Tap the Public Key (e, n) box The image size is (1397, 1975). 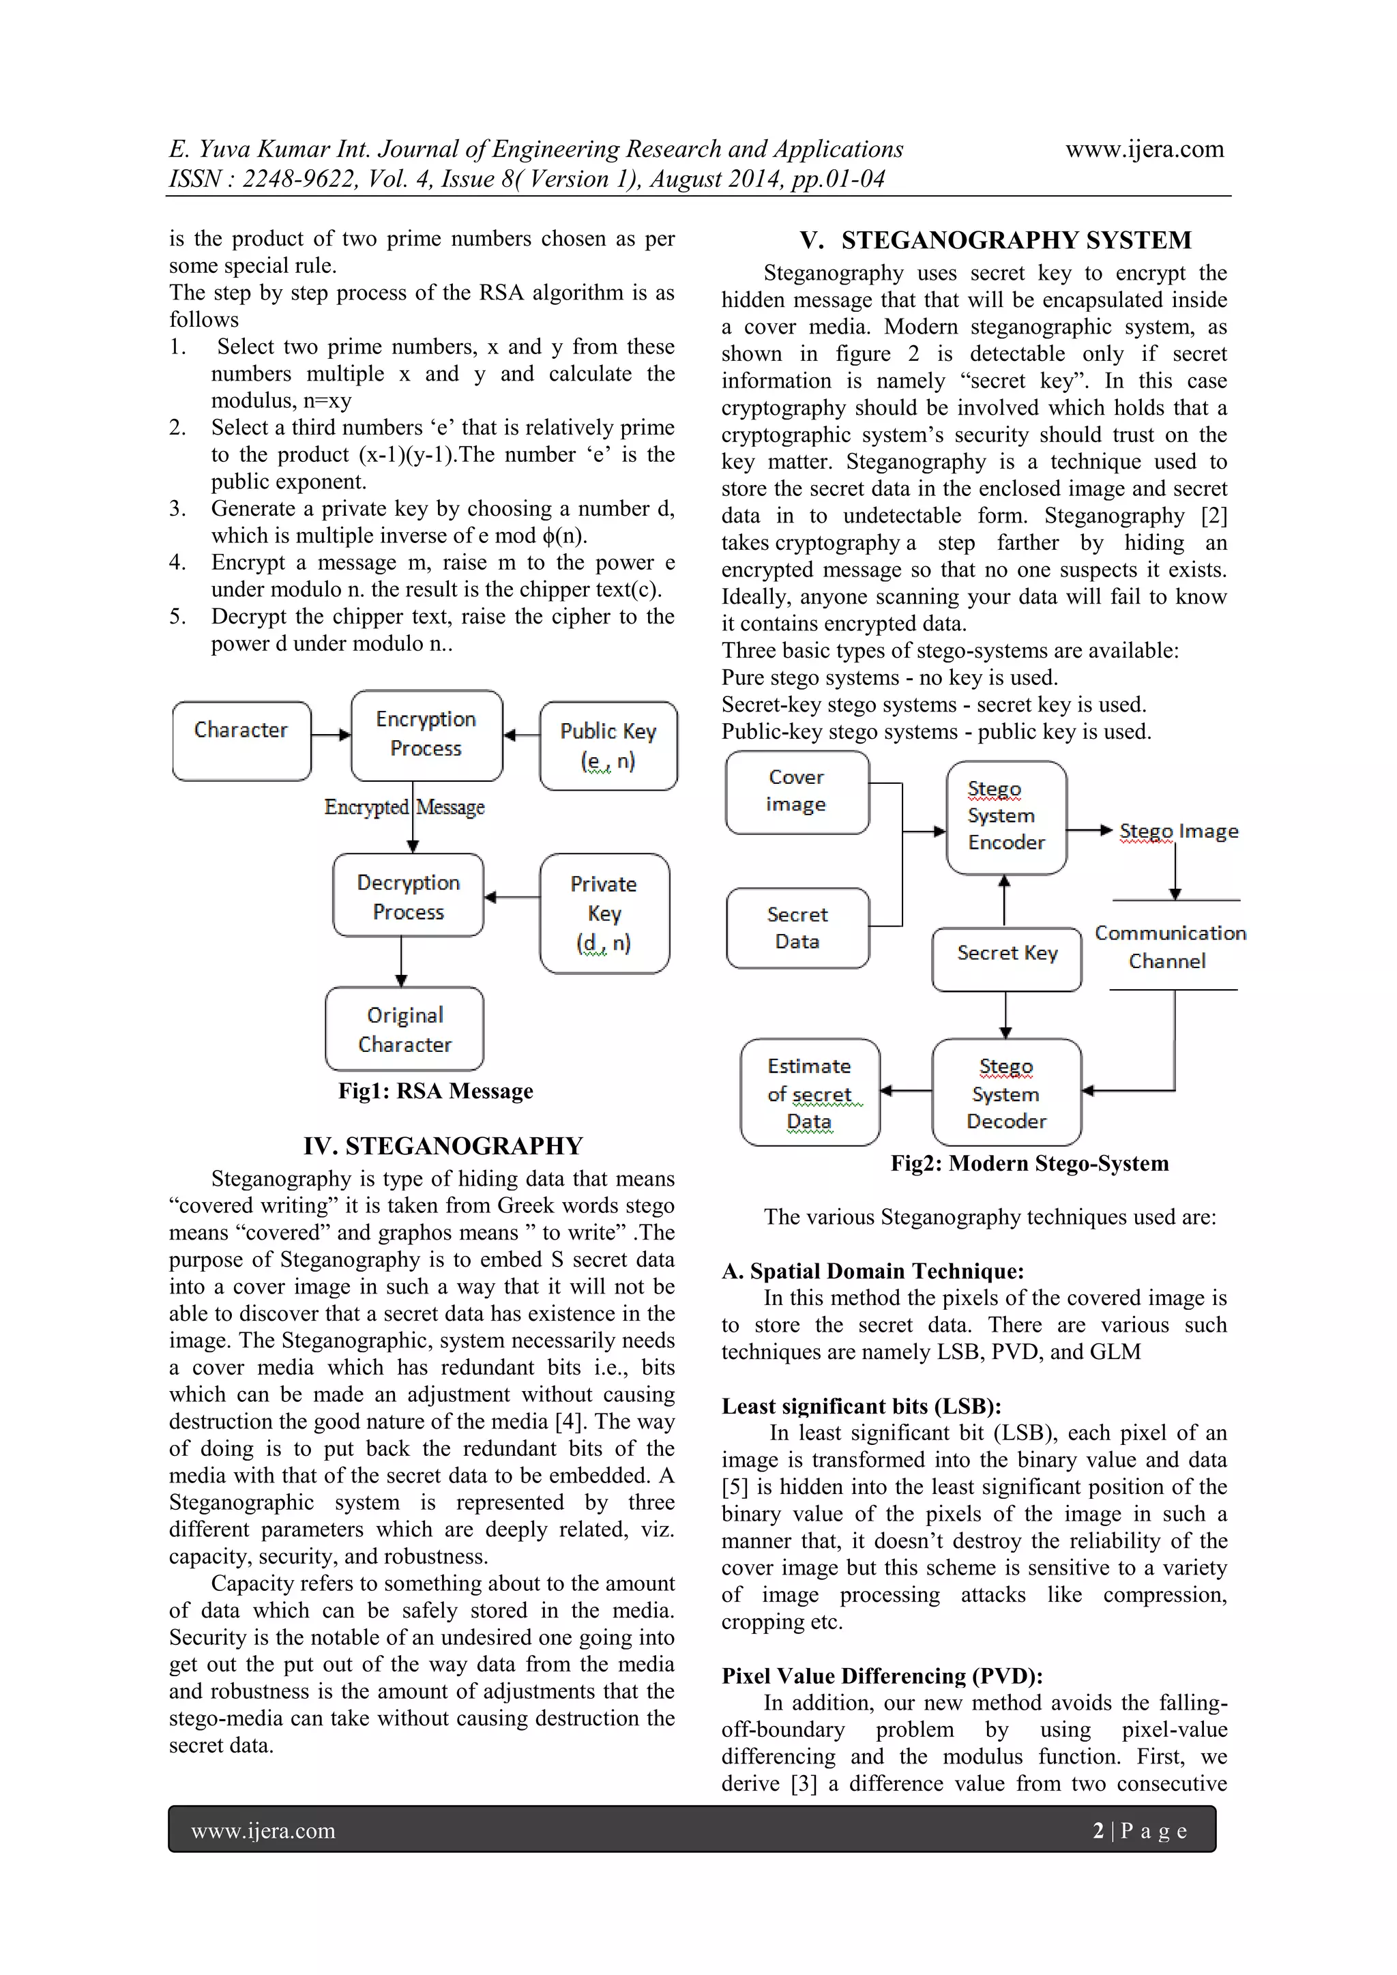[x=608, y=745]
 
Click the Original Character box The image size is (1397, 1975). [x=405, y=1028]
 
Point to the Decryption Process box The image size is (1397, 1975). [x=408, y=896]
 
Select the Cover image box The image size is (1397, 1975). [x=797, y=791]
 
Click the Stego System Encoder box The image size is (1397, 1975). [x=1005, y=817]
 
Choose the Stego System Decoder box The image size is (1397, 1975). [x=1005, y=1092]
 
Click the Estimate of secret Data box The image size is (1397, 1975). [x=810, y=1092]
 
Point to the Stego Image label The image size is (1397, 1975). [x=1179, y=831]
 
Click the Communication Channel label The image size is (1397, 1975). [x=1170, y=946]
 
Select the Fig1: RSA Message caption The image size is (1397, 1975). [x=435, y=1091]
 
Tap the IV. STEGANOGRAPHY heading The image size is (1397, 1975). [x=443, y=1146]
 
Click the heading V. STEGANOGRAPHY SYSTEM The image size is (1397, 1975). [x=995, y=240]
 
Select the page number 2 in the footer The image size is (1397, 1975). [x=1098, y=1830]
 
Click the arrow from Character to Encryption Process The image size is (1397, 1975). [x=332, y=735]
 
